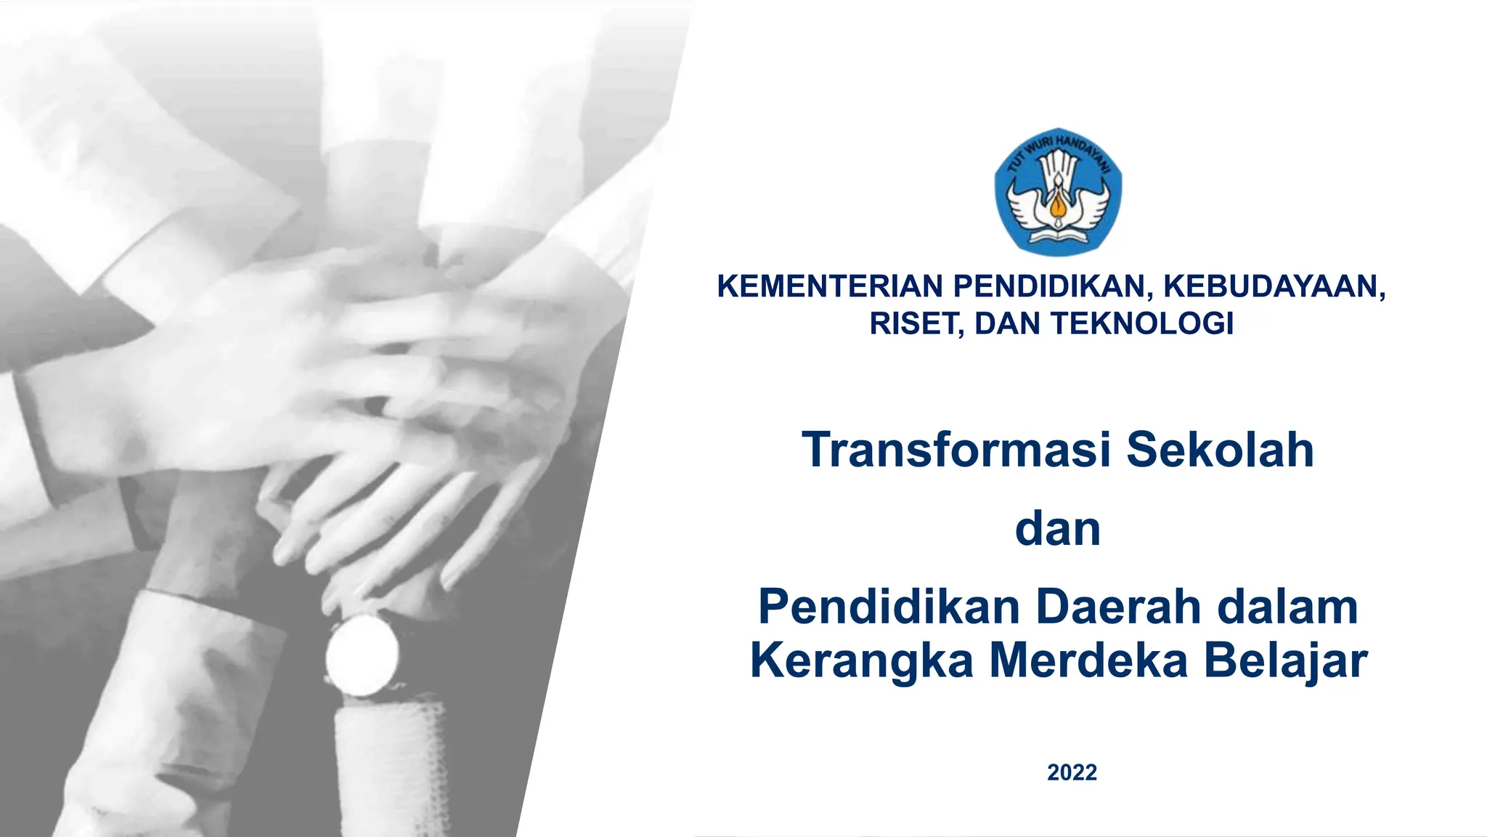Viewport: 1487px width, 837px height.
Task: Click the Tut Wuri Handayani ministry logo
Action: tap(1058, 192)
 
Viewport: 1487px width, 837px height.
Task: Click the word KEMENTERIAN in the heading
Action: tap(830, 286)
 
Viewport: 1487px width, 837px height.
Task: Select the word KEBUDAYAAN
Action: tap(1274, 286)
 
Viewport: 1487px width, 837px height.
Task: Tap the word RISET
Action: tap(916, 324)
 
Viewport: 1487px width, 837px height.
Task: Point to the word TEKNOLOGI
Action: tap(1143, 324)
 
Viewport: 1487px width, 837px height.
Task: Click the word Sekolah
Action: tap(1220, 450)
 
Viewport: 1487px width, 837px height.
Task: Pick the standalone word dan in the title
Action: tap(1058, 530)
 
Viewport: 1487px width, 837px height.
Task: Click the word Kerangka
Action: tap(862, 661)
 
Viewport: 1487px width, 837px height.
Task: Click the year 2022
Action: tap(1072, 772)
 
